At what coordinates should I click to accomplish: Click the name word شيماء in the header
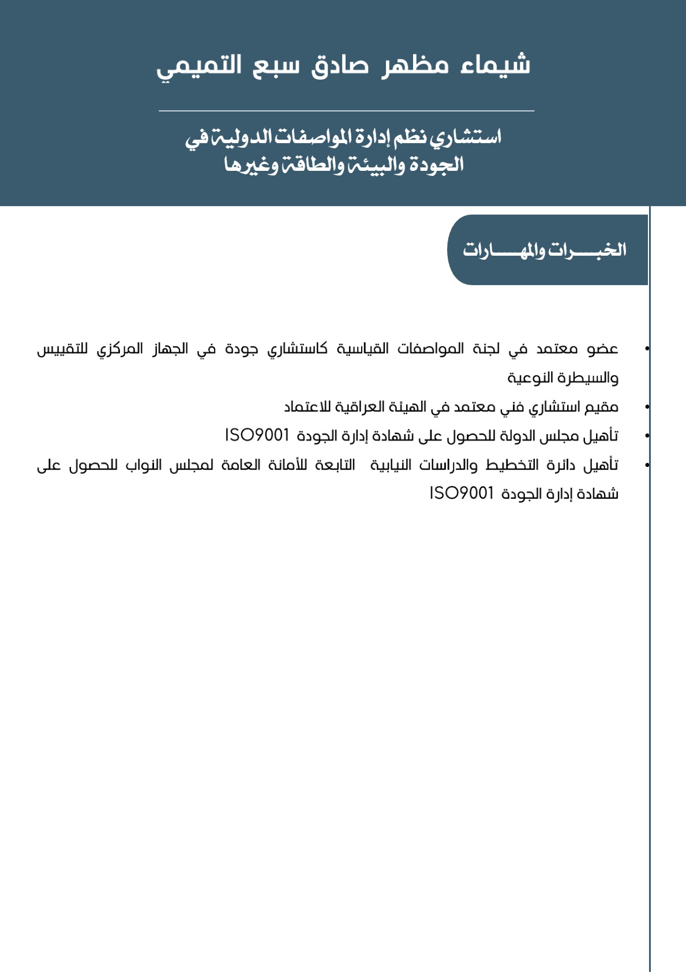pyautogui.click(x=495, y=65)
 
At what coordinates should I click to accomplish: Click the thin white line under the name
pyautogui.click(x=346, y=110)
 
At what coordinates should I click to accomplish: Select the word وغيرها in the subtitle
pyautogui.click(x=251, y=165)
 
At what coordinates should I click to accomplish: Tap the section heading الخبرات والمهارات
pyautogui.click(x=544, y=250)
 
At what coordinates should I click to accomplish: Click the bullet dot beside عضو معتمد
pyautogui.click(x=647, y=349)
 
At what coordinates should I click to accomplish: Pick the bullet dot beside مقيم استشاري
pyautogui.click(x=647, y=407)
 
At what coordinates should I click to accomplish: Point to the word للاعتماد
pyautogui.click(x=308, y=407)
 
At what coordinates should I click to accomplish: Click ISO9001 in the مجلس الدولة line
pyautogui.click(x=257, y=435)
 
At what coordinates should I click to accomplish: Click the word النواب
pyautogui.click(x=144, y=465)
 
